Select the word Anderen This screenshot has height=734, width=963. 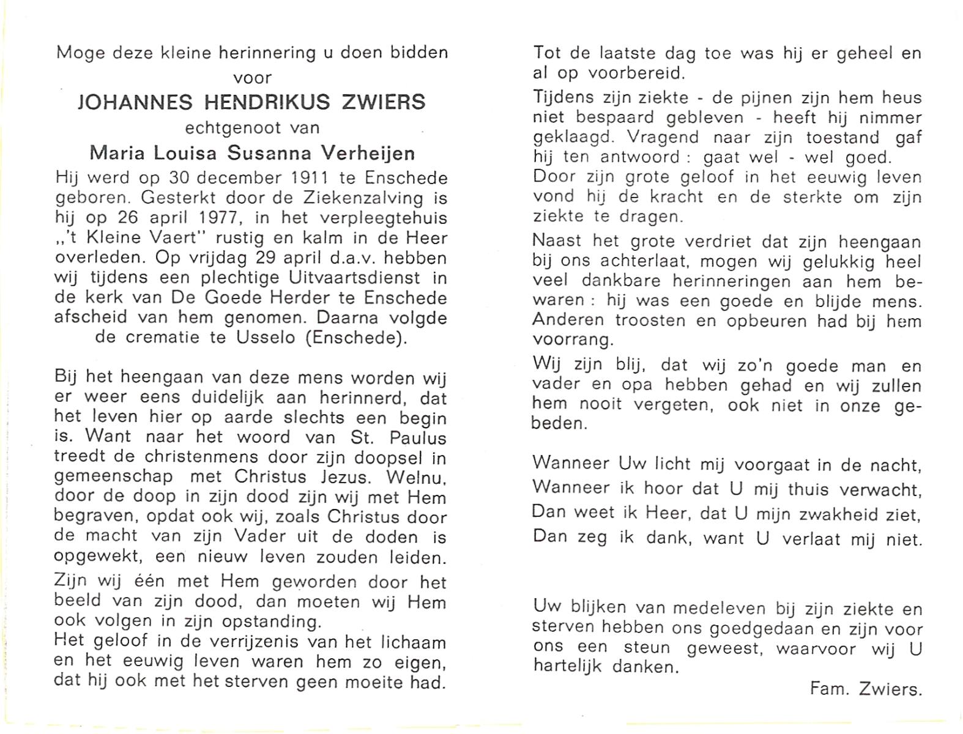coord(568,321)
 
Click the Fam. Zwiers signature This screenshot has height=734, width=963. coord(865,689)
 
